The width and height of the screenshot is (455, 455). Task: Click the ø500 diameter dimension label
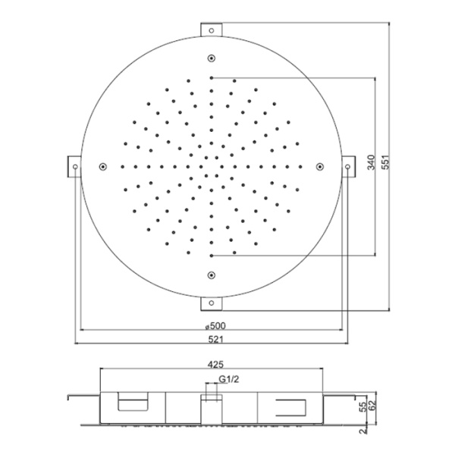(x=215, y=326)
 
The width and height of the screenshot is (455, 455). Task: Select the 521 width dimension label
(x=216, y=339)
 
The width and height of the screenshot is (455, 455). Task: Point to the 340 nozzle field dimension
(x=372, y=163)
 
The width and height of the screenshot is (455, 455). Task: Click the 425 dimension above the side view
(x=216, y=364)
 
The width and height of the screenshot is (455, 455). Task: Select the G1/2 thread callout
(x=229, y=379)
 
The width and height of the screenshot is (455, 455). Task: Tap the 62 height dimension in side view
(x=372, y=403)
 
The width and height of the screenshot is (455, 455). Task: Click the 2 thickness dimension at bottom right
(x=363, y=431)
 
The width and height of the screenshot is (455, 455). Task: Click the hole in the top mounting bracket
(x=212, y=30)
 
